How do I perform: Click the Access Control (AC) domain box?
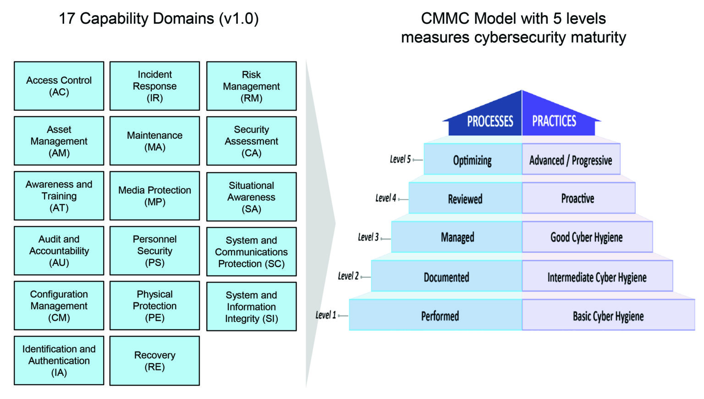(x=59, y=86)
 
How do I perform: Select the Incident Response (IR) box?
(x=154, y=86)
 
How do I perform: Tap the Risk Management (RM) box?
(x=251, y=86)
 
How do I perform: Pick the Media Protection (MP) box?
(x=154, y=196)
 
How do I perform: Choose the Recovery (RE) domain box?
(x=154, y=361)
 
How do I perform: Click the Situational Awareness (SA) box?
(x=251, y=197)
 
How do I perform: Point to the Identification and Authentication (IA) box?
(x=59, y=361)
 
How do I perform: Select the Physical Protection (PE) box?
(x=154, y=306)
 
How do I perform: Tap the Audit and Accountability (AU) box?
(x=59, y=251)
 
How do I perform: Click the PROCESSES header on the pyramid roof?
(x=489, y=121)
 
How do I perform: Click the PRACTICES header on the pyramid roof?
(x=554, y=121)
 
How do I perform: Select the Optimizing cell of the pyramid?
(x=472, y=160)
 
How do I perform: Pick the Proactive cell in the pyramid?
(x=577, y=198)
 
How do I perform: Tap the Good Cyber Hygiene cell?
(x=586, y=237)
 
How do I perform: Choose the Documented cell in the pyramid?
(x=446, y=277)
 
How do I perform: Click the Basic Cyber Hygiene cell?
(x=608, y=316)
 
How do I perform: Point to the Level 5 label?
(x=400, y=159)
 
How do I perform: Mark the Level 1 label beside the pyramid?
(x=325, y=315)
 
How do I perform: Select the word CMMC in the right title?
(x=445, y=18)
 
